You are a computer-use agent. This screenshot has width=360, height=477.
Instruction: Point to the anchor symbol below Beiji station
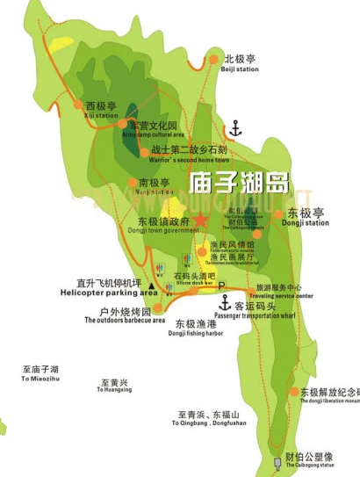coord(234,130)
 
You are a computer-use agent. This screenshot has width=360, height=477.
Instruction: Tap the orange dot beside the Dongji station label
coord(279,213)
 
